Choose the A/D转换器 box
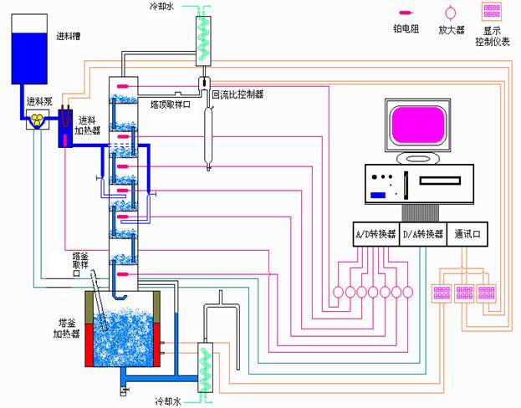pyautogui.click(x=373, y=235)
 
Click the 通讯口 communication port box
pyautogui.click(x=467, y=235)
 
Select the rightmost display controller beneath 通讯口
pyautogui.click(x=489, y=293)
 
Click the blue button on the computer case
pyautogui.click(x=379, y=195)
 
